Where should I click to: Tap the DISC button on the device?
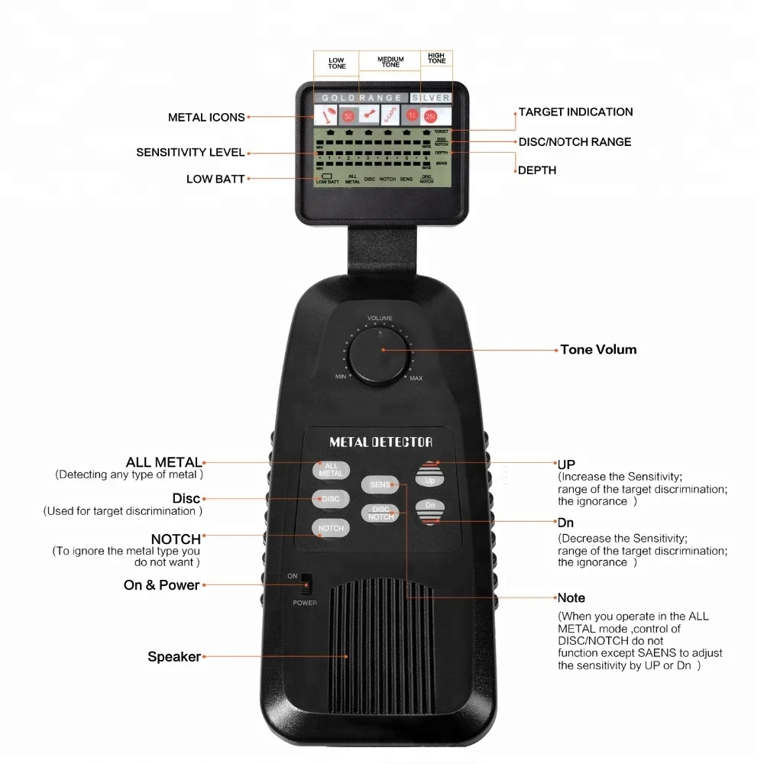coord(331,499)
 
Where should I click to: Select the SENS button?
coord(380,484)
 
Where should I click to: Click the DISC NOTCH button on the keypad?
coord(380,513)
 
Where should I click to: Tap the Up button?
coord(429,476)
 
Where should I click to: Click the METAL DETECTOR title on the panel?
coord(380,442)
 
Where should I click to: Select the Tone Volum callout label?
coord(598,350)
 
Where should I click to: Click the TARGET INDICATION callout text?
coord(575,112)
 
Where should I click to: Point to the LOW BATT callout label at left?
coord(215,180)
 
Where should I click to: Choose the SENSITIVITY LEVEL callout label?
coord(190,152)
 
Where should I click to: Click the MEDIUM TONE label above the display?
coord(390,62)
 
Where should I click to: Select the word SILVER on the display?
coord(431,98)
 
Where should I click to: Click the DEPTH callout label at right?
coord(537,170)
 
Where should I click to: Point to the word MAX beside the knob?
coord(416,378)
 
